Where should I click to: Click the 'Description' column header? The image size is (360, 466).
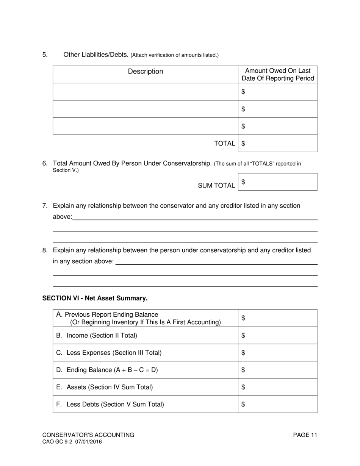point(145,72)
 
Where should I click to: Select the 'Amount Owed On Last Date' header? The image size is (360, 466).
point(278,75)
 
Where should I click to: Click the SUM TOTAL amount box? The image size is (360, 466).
point(278,182)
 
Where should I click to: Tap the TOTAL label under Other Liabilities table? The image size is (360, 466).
point(224,144)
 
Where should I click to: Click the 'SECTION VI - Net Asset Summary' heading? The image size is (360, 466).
point(95,298)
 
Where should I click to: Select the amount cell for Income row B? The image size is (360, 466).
point(278,335)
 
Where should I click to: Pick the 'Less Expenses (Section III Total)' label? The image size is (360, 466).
point(114,353)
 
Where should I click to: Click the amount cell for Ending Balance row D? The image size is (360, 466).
point(278,370)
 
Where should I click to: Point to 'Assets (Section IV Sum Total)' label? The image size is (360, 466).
point(110,387)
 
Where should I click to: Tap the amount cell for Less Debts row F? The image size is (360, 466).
point(278,404)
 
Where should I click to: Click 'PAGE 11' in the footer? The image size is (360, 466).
point(305,435)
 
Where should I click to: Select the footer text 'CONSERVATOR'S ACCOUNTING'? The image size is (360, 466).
point(88,435)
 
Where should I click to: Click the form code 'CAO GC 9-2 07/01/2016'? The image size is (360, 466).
point(72,442)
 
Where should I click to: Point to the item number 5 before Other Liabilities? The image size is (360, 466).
point(45,55)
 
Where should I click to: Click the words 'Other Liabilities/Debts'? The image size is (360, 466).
point(96,55)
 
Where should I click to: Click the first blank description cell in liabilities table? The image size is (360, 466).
point(145,92)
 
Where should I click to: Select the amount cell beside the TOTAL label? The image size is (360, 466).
point(278,144)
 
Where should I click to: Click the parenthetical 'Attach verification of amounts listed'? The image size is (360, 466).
point(175,55)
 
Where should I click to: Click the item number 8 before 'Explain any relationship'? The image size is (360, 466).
point(45,250)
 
